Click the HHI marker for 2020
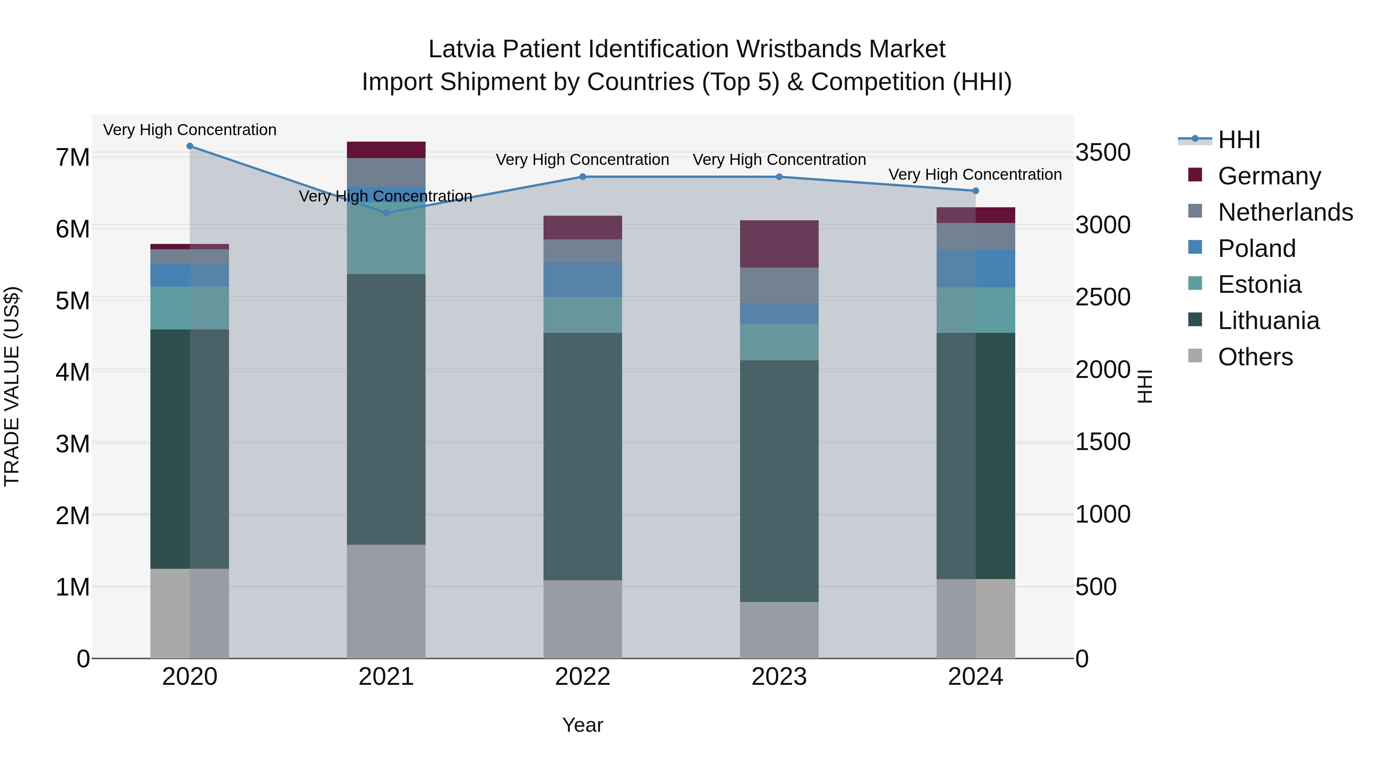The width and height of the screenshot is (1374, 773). pos(190,146)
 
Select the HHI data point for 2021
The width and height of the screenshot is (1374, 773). pos(386,213)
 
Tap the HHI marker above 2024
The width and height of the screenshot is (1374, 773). pos(976,191)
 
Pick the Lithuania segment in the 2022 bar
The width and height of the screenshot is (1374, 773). pos(582,456)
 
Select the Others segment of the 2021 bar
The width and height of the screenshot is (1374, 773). pos(386,601)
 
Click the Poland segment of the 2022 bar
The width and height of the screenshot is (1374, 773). pos(582,279)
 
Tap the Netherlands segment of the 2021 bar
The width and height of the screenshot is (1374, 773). pos(386,172)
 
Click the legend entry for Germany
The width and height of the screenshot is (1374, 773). pos(1269,176)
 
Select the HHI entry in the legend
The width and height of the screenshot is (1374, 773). pos(1239,140)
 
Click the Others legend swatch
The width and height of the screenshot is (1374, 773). pos(1195,356)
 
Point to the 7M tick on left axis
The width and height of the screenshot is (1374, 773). pos(73,157)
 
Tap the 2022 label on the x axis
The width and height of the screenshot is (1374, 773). pos(582,677)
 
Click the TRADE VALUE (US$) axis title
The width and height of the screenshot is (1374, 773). pos(12,386)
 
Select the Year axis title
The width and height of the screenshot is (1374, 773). pos(582,725)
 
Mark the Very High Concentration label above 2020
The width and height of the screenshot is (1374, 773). pos(190,130)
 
